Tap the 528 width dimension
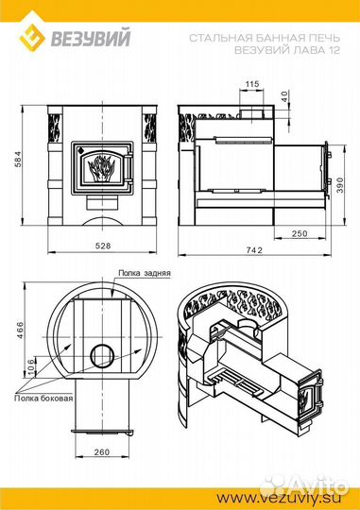point(103,246)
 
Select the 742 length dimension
point(254,249)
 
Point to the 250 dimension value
point(300,233)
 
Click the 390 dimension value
point(340,185)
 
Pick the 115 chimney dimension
point(252,84)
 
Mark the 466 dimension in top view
point(20,330)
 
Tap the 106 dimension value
point(31,366)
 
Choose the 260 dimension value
point(102,451)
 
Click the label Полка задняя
point(145,273)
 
